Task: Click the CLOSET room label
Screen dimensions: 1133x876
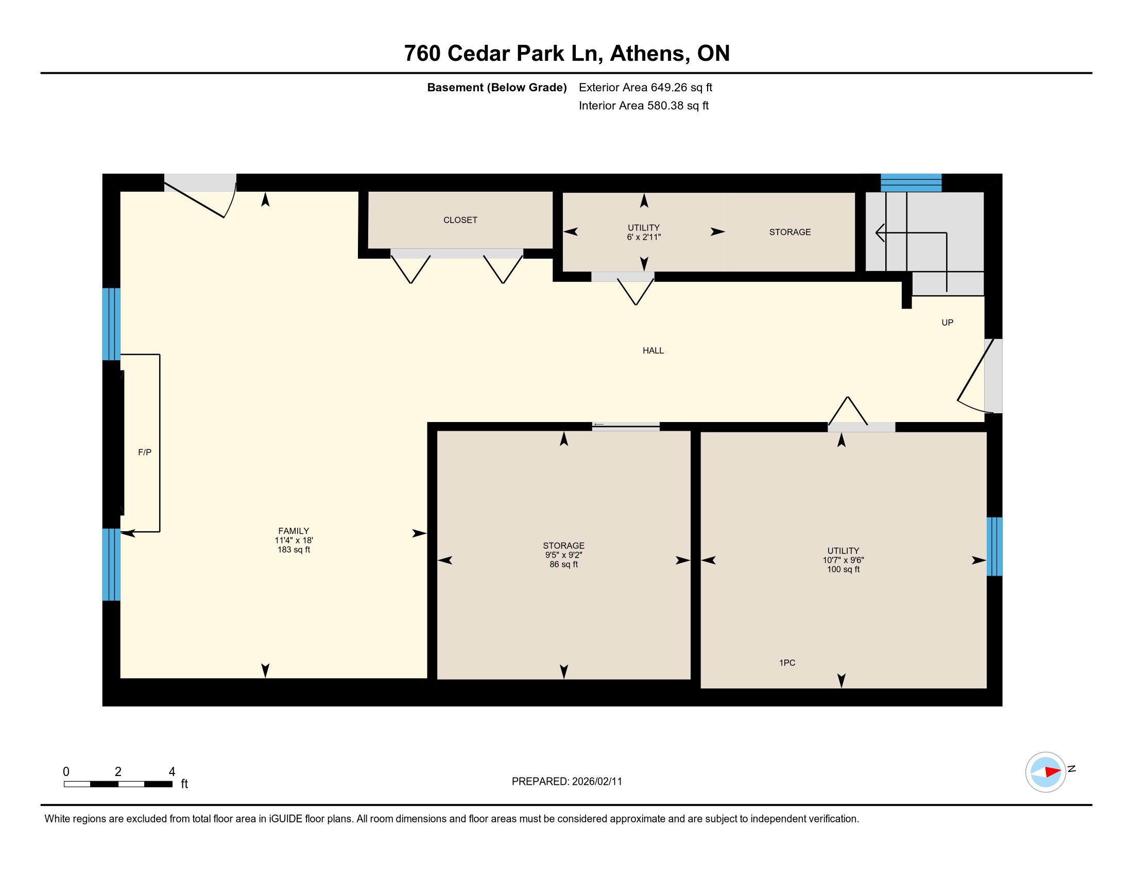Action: pos(460,220)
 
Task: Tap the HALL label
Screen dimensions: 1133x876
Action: pos(653,351)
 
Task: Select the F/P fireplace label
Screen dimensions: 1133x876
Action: pos(145,452)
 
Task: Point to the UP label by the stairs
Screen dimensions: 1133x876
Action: pos(947,323)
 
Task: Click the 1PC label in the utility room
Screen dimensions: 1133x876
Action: pos(787,663)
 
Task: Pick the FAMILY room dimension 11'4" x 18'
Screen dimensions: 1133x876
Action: pos(294,540)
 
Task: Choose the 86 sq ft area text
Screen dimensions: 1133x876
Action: pos(563,564)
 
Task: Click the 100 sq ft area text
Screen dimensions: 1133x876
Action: pos(843,569)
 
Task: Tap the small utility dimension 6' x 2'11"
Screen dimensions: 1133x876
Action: pos(644,237)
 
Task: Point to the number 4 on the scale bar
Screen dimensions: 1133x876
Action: pos(171,772)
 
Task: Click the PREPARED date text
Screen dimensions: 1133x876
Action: pos(566,782)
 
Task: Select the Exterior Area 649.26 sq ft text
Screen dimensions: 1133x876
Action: pos(645,88)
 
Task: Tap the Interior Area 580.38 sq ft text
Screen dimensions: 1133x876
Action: pos(643,106)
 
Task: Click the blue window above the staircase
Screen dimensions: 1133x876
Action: pos(911,183)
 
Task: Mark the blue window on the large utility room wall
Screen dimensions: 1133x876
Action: pos(994,546)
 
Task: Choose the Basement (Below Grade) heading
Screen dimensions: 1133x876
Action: pos(496,88)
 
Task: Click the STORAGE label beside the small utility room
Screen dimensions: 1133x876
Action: pos(789,232)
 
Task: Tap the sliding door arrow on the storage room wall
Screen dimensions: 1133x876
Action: pos(598,425)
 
